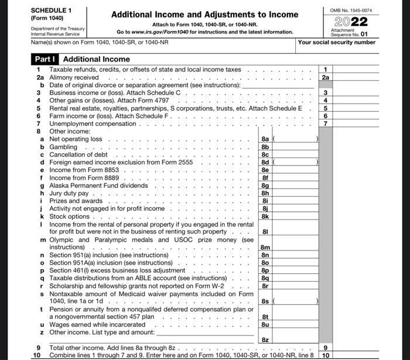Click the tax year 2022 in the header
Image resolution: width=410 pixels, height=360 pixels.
tap(351, 22)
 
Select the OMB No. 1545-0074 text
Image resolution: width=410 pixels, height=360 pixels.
tap(351, 11)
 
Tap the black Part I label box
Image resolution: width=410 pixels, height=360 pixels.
tap(45, 59)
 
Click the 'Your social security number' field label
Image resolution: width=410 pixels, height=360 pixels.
tap(336, 42)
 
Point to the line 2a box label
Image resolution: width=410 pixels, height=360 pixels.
tap(326, 77)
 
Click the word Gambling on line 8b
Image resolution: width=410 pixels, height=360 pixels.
tap(63, 147)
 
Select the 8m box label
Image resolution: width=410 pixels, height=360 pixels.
tap(265, 248)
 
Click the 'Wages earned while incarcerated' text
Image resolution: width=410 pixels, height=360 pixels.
tap(97, 324)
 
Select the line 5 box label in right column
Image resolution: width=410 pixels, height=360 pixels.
tap(326, 108)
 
